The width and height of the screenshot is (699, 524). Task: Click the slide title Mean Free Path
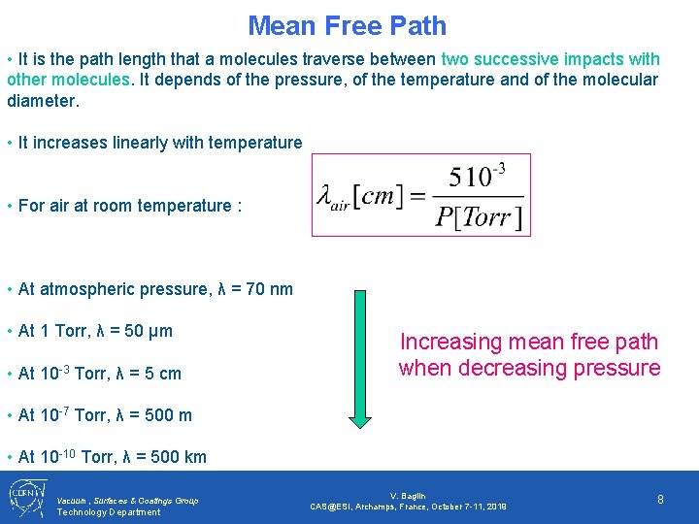(x=348, y=25)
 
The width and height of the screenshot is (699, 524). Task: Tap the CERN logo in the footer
(x=25, y=497)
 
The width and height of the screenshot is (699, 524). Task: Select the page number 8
(x=660, y=499)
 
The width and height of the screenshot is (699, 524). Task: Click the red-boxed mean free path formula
(x=421, y=195)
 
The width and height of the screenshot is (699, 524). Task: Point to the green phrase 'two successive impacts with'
(x=550, y=59)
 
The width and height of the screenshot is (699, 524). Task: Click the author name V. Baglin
(x=408, y=496)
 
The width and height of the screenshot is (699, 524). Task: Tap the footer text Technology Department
(x=109, y=511)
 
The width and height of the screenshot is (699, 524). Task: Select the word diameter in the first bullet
(x=42, y=100)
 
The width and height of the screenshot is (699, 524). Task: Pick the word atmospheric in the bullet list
(x=82, y=289)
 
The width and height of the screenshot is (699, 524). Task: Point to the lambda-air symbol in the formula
(x=333, y=197)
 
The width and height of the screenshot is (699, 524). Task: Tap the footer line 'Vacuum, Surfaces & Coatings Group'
(x=128, y=501)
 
